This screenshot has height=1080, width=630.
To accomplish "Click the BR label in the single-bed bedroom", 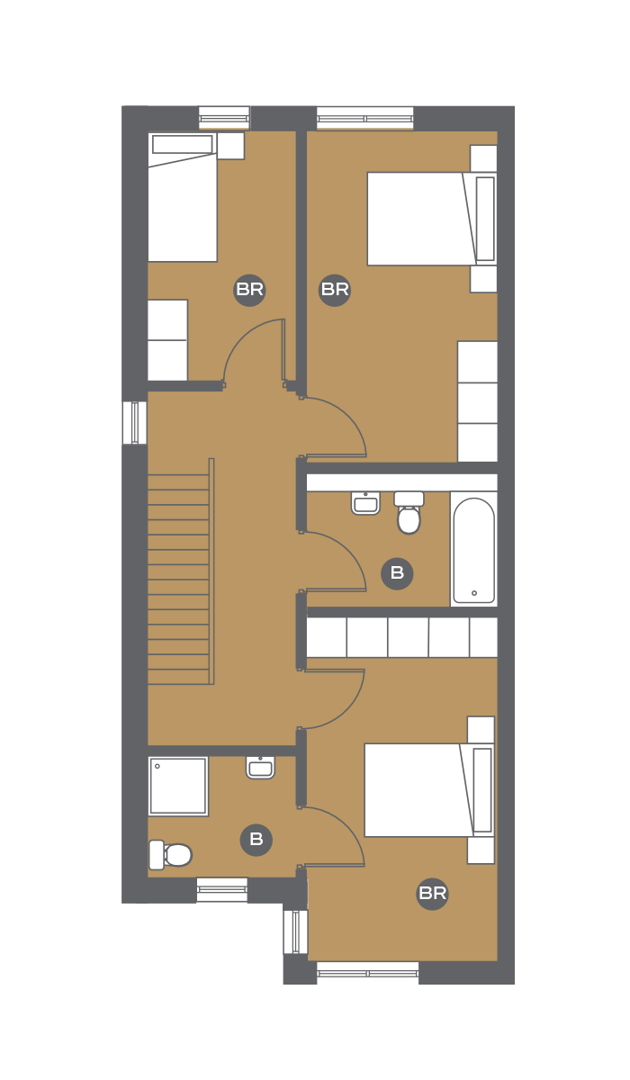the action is (x=249, y=290).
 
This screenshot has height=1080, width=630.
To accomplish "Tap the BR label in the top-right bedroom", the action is (x=335, y=290).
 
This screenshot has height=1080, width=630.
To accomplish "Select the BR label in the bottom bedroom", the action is (x=432, y=894).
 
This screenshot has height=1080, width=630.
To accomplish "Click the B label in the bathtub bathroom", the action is (x=397, y=573).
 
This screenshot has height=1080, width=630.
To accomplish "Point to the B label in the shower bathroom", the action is (x=256, y=840).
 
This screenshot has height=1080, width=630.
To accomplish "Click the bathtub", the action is (x=473, y=551).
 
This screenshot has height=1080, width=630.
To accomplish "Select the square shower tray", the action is (x=178, y=787).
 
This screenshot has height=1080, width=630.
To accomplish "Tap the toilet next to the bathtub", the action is (x=409, y=512).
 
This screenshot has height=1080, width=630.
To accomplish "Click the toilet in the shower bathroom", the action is (x=170, y=855).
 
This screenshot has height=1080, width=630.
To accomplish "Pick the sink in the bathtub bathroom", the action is (x=366, y=503).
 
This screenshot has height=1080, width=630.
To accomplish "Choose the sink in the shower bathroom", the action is (x=261, y=767).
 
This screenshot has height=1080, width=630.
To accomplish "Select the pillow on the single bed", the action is (x=182, y=144).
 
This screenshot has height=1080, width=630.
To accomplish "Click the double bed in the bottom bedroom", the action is (x=429, y=790).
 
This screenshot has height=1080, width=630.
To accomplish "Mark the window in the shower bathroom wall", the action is (x=221, y=888).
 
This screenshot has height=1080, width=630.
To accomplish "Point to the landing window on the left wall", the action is (x=134, y=422).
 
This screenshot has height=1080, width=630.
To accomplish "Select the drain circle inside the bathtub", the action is (x=474, y=593).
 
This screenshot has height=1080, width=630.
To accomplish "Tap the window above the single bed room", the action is (x=224, y=118).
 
